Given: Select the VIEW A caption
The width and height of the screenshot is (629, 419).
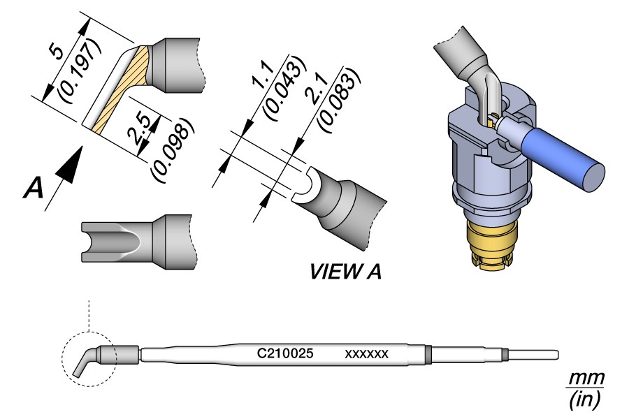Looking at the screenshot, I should (x=345, y=272).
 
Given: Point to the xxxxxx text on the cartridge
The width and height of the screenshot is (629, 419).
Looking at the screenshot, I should (x=366, y=354).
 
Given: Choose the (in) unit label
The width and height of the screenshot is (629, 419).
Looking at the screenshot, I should (x=584, y=399).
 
